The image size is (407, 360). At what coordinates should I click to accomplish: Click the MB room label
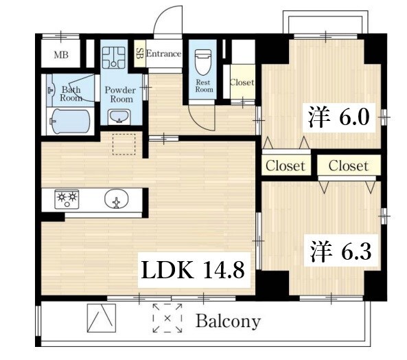pos(61,55)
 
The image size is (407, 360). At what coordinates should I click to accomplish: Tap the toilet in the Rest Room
pos(203,63)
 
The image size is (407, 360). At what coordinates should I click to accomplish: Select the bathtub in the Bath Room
pos(70,122)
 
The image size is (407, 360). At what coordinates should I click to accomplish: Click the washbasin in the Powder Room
pos(119,116)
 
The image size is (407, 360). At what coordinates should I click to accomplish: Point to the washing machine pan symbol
pos(113,58)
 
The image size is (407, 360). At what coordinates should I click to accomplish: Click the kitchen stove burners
pos(67,199)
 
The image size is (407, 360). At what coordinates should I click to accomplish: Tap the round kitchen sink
pos(116,199)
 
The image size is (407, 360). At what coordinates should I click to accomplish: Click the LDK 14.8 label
pos(193,270)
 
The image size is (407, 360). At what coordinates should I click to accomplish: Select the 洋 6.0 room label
pos(339,117)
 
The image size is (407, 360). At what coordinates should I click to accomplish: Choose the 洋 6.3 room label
pos(340,251)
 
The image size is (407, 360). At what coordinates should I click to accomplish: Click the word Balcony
pos(228,322)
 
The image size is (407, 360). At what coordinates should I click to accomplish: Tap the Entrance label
pos(164,54)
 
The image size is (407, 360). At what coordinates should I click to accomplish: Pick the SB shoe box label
pos(139,54)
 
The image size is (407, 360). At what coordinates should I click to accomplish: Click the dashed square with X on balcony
pos(167,318)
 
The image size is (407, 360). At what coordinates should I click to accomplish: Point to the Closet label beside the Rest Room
pos(242,82)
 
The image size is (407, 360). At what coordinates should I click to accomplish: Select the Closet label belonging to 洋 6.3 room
pos(349,166)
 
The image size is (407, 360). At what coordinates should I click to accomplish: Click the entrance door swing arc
pos(161,15)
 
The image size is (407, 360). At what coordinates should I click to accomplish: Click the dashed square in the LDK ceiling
pos(124,144)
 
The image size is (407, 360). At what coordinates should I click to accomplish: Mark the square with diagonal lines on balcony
pos(102,318)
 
